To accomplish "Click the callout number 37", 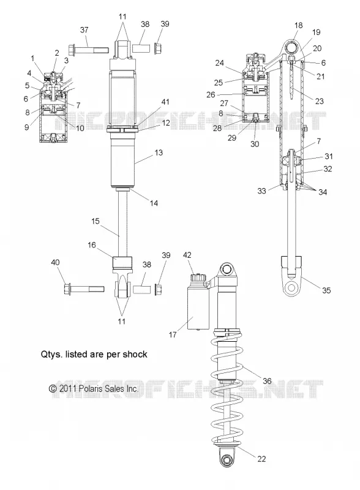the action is (84, 30).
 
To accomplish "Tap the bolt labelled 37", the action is (88, 50).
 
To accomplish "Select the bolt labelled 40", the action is (84, 288).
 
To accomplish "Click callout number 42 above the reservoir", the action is (187, 255).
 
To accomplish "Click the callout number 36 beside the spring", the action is (267, 381).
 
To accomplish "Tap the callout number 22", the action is (261, 459).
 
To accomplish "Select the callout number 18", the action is (298, 25).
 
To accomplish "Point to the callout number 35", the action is (326, 290).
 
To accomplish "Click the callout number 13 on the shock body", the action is (159, 153).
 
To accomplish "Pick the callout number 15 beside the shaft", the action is (96, 221).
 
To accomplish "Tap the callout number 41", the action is (165, 102).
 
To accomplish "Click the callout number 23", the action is (319, 101).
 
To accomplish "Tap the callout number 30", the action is (255, 144).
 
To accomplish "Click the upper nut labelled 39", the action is (158, 48).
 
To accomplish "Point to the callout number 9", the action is (26, 127).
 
